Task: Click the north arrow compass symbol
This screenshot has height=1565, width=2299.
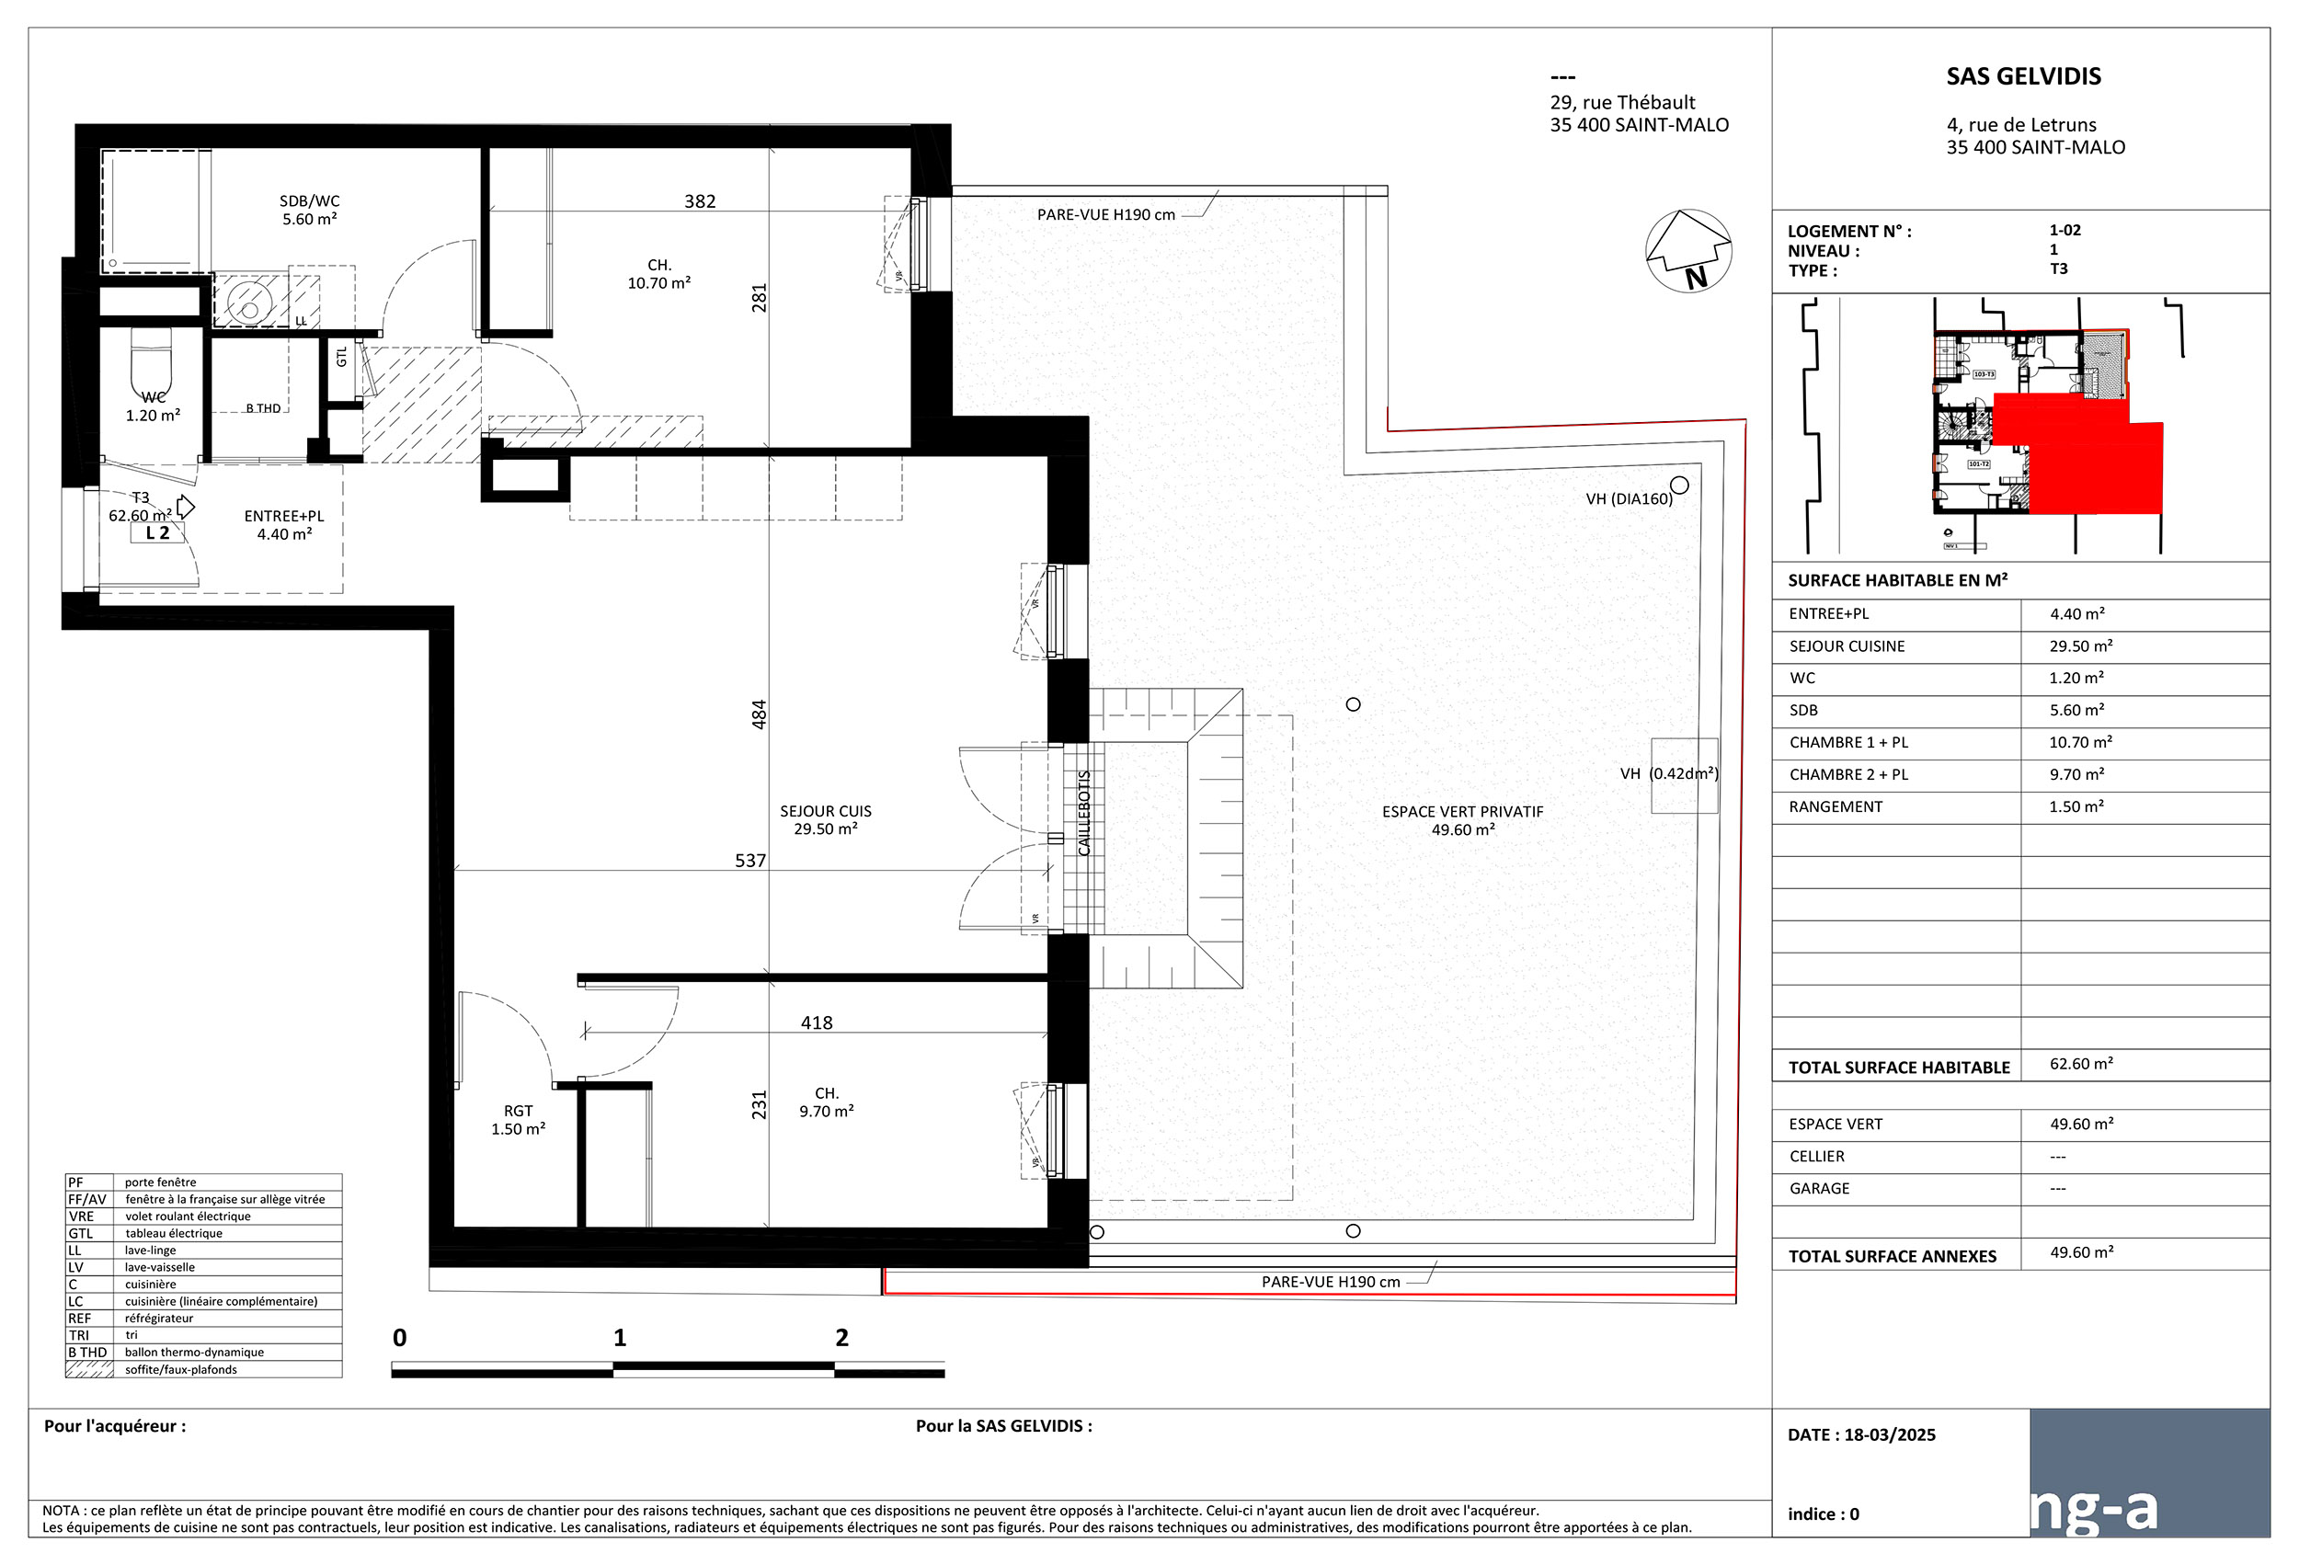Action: (x=1687, y=251)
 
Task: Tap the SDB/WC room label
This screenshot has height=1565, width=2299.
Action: (x=310, y=210)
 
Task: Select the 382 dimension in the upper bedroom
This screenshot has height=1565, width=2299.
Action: (x=700, y=201)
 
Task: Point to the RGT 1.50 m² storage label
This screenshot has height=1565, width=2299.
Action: (x=518, y=1120)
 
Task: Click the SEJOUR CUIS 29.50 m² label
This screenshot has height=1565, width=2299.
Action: (x=825, y=820)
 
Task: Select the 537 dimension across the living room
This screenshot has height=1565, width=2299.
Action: (x=749, y=861)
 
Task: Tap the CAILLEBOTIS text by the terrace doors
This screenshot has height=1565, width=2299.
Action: (x=1083, y=813)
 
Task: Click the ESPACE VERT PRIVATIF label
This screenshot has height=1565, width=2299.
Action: (x=1462, y=820)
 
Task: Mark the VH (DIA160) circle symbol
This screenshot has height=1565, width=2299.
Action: (x=1679, y=485)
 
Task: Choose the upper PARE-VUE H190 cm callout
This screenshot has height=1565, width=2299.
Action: (x=1106, y=214)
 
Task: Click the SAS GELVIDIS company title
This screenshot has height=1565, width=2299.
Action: (x=2023, y=76)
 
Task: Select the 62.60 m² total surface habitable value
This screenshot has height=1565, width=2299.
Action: (x=2080, y=1064)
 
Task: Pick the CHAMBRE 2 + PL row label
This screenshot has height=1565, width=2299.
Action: (x=1847, y=774)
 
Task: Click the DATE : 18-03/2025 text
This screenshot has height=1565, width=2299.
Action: (x=1860, y=1434)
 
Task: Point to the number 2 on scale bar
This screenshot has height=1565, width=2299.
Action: (x=841, y=1338)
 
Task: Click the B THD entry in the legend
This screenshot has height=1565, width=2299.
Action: (x=87, y=1353)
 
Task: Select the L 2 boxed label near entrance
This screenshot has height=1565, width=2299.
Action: (x=157, y=533)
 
